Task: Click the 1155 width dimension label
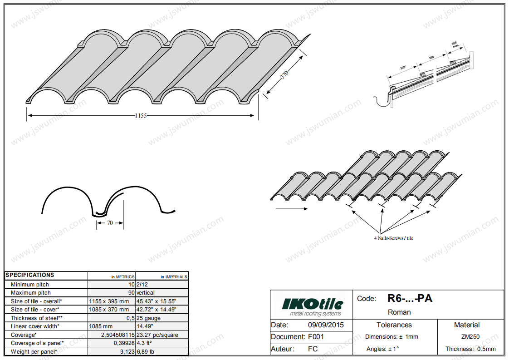point(141,116)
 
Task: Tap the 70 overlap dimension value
point(110,223)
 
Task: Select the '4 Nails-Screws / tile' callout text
point(393,238)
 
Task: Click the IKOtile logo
point(313,305)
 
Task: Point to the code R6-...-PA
point(410,298)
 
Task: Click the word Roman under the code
point(399,312)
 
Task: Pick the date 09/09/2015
point(326,325)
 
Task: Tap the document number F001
point(316,337)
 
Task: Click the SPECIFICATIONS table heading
point(30,275)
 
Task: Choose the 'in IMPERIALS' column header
point(174,276)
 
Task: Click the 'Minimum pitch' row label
point(30,285)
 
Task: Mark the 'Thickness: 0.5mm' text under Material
point(470,349)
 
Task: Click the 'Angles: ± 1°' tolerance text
point(382,349)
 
